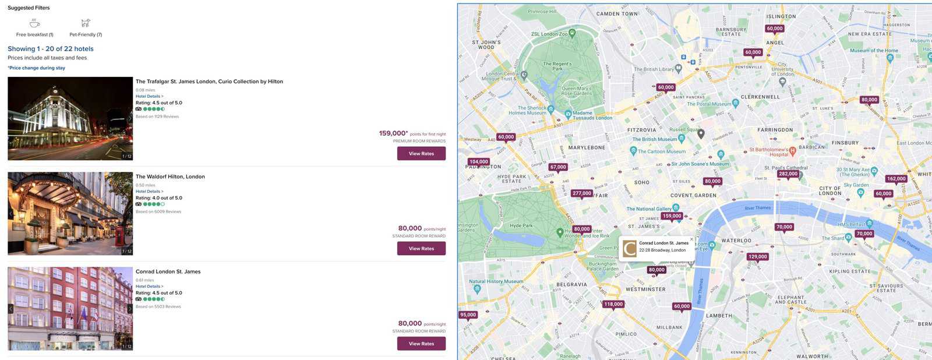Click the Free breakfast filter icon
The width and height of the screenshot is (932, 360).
[35, 23]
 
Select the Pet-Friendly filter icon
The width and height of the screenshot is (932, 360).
[86, 23]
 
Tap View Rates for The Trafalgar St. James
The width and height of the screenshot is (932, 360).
[421, 154]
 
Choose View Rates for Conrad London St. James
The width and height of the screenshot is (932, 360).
[421, 344]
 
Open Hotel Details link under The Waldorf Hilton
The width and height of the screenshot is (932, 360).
[149, 192]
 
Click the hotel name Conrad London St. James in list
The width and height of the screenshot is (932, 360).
[168, 271]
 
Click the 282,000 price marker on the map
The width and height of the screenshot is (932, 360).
[788, 174]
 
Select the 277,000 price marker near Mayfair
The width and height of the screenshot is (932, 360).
[582, 193]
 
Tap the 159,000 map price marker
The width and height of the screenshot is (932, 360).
[672, 216]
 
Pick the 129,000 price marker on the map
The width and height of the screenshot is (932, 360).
[758, 257]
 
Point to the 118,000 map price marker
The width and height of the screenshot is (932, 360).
[613, 304]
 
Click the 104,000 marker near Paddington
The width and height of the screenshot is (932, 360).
[479, 162]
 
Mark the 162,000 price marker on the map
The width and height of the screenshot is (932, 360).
[896, 179]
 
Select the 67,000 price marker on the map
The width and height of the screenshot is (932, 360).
[558, 167]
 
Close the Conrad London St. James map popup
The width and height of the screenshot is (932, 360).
[691, 239]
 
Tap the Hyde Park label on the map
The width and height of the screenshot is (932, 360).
[521, 225]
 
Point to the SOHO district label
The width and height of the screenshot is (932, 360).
[641, 182]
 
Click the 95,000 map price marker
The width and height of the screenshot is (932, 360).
[468, 315]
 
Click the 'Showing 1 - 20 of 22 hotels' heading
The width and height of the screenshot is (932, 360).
[51, 49]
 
